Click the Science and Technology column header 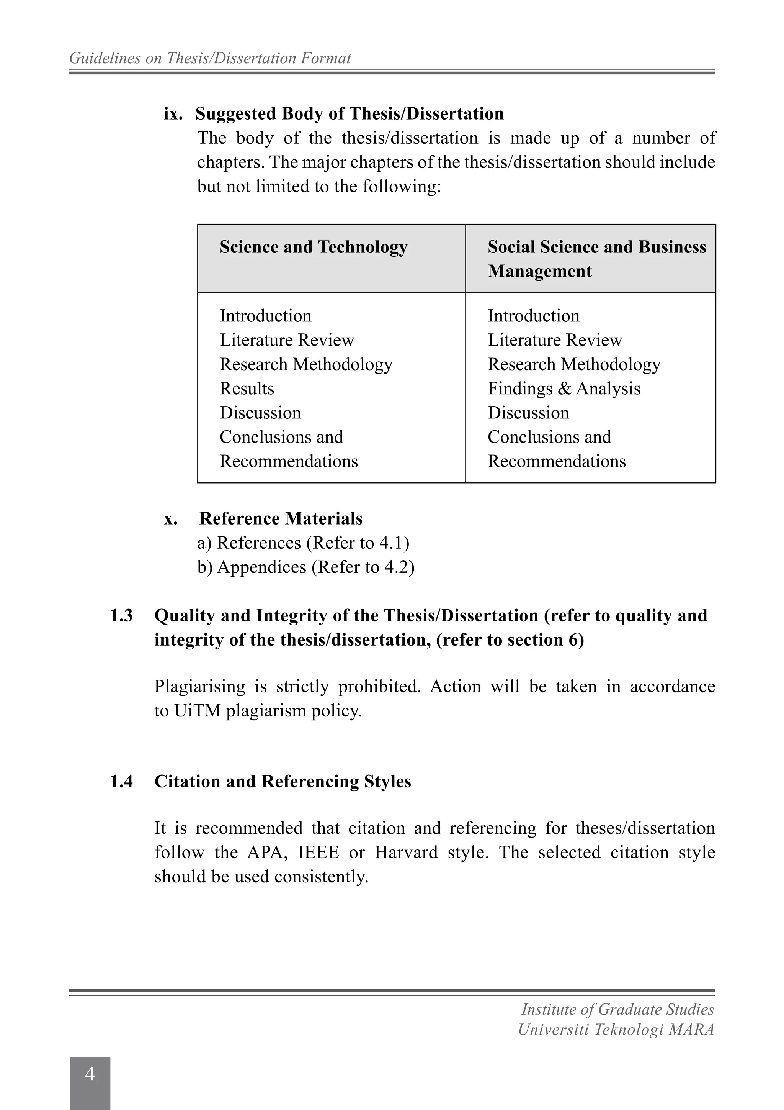coord(314,247)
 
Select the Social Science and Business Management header coord(596,259)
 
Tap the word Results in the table coord(247,389)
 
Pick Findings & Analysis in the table coord(564,389)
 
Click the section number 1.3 coord(121,615)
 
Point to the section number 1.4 coord(121,781)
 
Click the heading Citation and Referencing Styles coord(283,781)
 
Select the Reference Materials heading coord(281,518)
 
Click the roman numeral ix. coord(173,114)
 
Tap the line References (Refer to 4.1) coord(303,543)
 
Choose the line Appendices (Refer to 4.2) coord(306,567)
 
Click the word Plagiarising coord(199,687)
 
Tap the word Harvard coord(406,852)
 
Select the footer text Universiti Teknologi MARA coord(616,1030)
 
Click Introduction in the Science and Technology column coord(266,316)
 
